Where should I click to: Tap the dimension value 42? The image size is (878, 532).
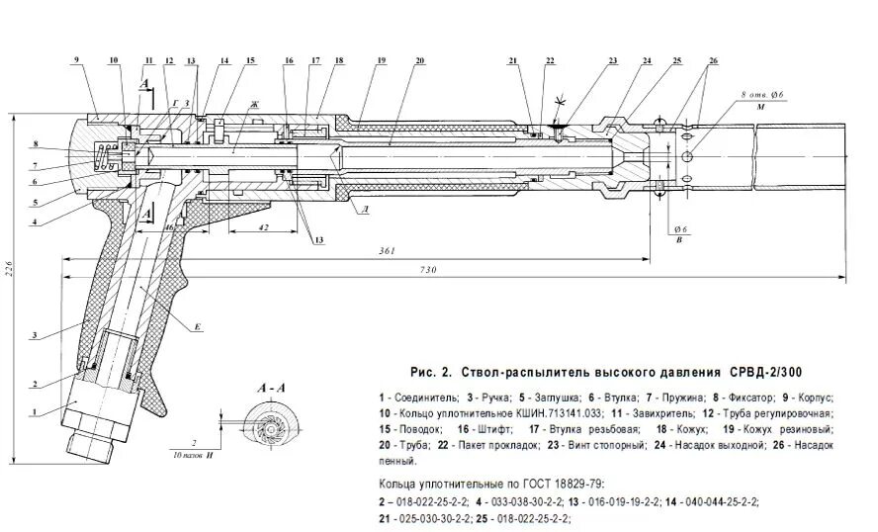pos(261,226)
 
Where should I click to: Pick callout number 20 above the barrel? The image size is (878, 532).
pos(420,61)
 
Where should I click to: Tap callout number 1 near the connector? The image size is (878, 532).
pos(34,412)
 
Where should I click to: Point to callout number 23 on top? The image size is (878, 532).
pos(613,61)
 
